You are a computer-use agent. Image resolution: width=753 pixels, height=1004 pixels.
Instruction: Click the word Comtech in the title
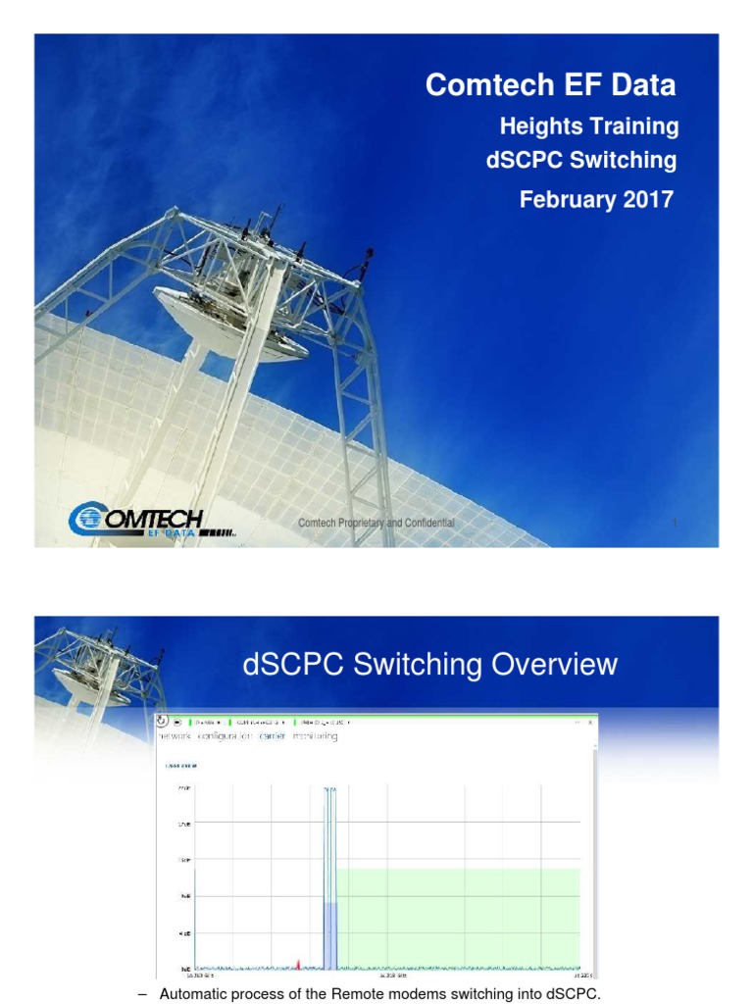pos(474,85)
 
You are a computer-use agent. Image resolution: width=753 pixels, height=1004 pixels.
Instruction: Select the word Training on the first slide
pos(632,126)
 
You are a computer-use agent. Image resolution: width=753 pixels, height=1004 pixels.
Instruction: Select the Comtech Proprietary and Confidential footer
pos(376,524)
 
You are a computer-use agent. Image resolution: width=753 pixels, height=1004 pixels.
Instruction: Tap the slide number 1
pos(676,524)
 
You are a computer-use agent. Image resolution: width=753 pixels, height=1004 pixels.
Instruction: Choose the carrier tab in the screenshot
pos(272,736)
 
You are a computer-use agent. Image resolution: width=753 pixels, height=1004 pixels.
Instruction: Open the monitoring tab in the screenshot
pos(315,736)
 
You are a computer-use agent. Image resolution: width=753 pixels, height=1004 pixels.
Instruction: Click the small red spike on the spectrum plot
pos(297,964)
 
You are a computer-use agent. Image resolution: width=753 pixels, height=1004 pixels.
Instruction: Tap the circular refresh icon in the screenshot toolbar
pos(164,723)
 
